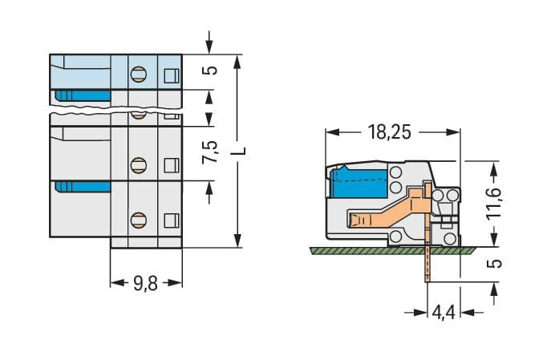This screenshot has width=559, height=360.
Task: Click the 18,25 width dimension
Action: coord(389,132)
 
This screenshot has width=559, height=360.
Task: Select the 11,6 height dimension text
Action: coord(494,203)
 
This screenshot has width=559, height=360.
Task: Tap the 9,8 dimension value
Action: coord(145,284)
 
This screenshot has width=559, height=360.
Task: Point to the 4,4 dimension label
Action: coord(444,313)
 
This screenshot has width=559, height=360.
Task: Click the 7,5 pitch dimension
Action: coord(209,152)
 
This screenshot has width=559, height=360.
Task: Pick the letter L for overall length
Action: coord(241,151)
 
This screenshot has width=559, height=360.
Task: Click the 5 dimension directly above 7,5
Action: coord(212,69)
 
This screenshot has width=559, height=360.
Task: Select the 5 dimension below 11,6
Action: coord(495,264)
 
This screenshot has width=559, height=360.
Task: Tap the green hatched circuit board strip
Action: coord(393,251)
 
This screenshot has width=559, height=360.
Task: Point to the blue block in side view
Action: coord(359,182)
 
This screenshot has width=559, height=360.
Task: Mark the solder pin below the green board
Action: coord(427,268)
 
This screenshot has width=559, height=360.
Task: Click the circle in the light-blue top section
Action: coord(138,75)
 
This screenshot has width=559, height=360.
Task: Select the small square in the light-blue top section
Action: coord(171,75)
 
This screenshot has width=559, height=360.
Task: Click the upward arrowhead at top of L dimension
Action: coord(238,63)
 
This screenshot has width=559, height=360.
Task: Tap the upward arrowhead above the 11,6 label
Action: coord(494,170)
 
